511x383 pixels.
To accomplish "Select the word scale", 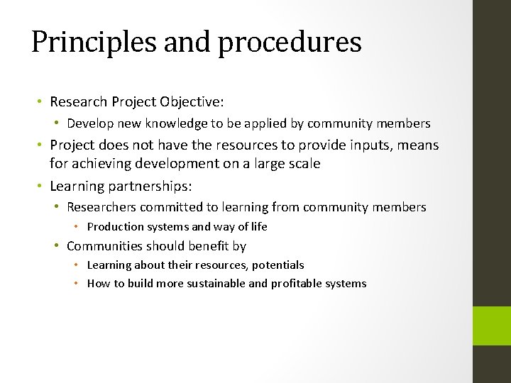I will point(303,164).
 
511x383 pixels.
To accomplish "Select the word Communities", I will point(104,246).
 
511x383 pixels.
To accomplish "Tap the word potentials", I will point(276,265).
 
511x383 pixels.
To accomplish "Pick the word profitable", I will point(296,284).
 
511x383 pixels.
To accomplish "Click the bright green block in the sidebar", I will point(491,326).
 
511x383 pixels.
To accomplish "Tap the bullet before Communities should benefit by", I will point(56,246).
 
